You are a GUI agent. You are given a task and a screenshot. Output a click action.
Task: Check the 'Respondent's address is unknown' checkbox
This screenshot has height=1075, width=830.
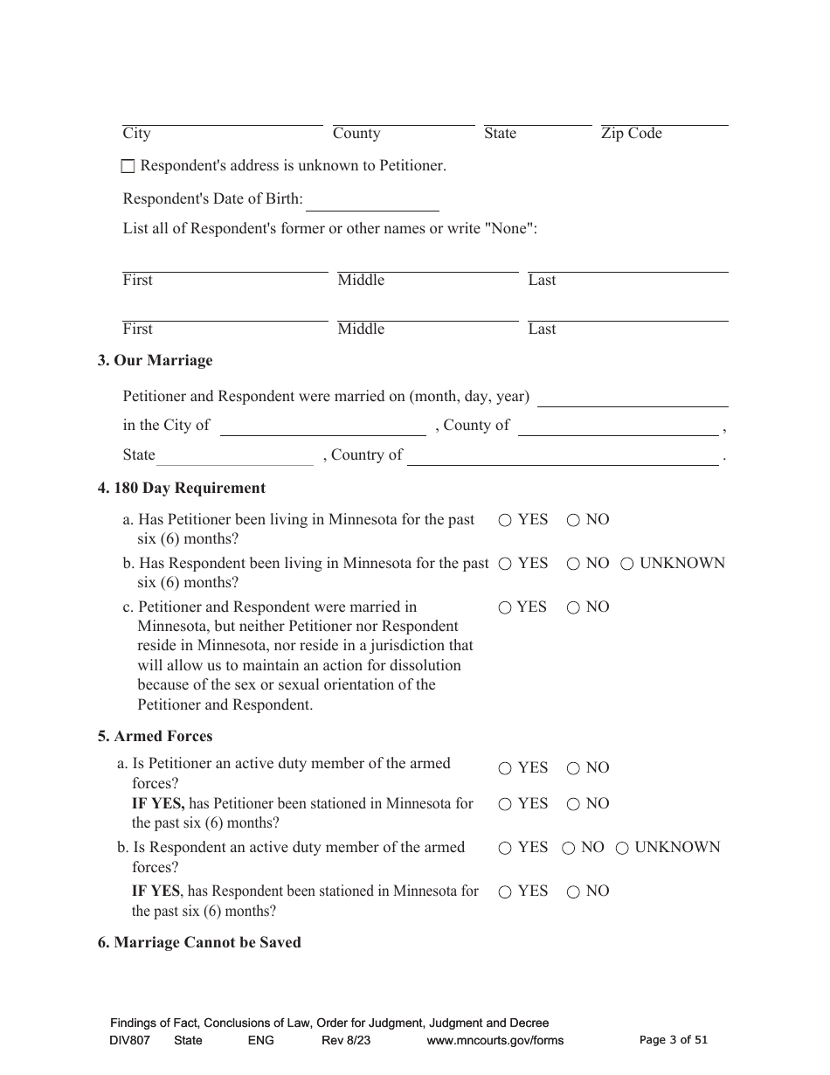pyautogui.click(x=128, y=166)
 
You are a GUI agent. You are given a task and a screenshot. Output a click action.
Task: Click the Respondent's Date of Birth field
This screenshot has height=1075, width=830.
pyautogui.click(x=372, y=201)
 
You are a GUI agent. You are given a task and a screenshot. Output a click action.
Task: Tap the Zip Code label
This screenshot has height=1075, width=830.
pyautogui.click(x=631, y=134)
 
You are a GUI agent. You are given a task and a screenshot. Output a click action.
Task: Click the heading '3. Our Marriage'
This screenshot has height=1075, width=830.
pyautogui.click(x=155, y=360)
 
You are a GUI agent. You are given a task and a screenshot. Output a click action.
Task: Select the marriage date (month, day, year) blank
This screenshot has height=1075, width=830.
pyautogui.click(x=633, y=398)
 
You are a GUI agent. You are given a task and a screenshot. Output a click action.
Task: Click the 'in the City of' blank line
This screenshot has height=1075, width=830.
pyautogui.click(x=322, y=427)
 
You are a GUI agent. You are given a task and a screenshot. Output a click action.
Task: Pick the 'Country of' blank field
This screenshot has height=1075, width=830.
pyautogui.click(x=563, y=456)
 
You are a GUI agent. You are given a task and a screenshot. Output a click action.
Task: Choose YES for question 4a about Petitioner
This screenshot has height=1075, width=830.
pyautogui.click(x=505, y=520)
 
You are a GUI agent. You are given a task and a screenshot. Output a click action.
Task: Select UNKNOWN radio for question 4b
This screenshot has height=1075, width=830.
pyautogui.click(x=627, y=565)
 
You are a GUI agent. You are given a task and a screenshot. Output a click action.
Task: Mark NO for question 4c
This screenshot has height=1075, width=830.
pyautogui.click(x=573, y=608)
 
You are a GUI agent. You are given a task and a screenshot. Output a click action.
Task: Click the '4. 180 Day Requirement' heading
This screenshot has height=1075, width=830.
pyautogui.click(x=181, y=488)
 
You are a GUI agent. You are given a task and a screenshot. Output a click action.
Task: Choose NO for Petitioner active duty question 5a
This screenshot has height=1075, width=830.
pyautogui.click(x=573, y=769)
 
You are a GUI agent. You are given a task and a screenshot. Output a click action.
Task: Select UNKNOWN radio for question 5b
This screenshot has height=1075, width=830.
pyautogui.click(x=622, y=848)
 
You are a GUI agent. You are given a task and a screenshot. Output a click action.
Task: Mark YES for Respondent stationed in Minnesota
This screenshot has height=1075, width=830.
pyautogui.click(x=505, y=892)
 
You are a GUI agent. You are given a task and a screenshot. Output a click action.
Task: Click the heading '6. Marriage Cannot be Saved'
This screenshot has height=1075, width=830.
pyautogui.click(x=199, y=942)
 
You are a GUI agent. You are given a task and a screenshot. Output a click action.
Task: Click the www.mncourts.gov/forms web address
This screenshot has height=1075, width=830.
pyautogui.click(x=495, y=1040)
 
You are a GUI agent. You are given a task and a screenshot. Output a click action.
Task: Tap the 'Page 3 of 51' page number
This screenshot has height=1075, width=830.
pyautogui.click(x=673, y=1040)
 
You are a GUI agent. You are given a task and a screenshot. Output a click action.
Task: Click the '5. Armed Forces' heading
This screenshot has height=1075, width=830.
pyautogui.click(x=155, y=736)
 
